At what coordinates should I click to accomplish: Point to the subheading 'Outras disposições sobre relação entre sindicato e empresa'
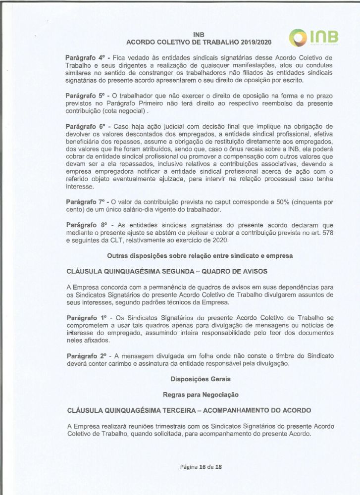(200, 255)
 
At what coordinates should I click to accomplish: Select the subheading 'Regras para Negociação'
(200, 395)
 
